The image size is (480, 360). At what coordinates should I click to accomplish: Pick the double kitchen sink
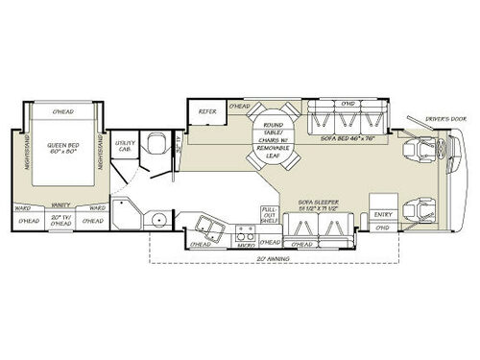pos(207,228)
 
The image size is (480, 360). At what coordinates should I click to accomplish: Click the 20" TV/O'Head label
pos(62,221)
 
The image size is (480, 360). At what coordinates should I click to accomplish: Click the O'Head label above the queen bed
pos(63,112)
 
